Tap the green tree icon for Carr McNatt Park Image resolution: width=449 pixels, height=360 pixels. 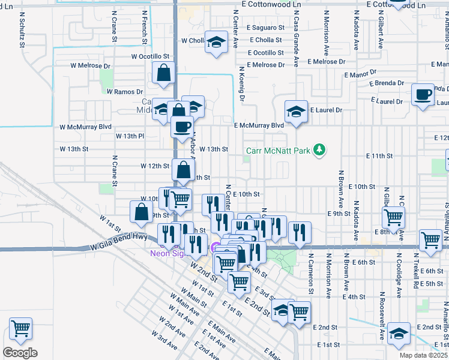[321, 149]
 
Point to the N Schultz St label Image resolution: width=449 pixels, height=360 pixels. [22, 32]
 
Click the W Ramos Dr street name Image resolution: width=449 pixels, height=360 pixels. [124, 91]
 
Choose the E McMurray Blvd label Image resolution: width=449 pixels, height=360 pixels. [258, 125]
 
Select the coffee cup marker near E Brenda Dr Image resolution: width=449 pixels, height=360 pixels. [423, 95]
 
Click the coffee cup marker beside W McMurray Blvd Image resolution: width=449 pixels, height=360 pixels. [182, 127]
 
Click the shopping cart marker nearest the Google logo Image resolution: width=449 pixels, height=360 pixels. [20, 329]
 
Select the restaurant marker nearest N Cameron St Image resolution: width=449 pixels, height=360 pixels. [300, 232]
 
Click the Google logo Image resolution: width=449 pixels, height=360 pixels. [20, 353]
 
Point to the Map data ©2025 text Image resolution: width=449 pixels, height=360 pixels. [423, 355]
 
